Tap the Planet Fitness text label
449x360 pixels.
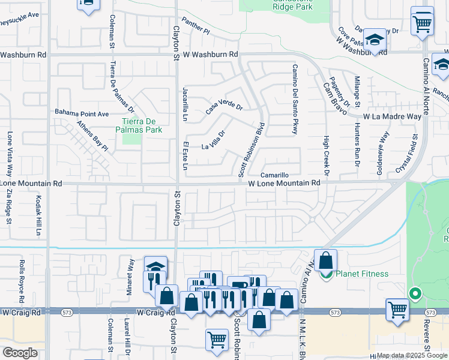(x=362, y=274)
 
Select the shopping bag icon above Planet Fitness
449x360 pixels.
(x=325, y=260)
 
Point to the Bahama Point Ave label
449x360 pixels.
(x=82, y=113)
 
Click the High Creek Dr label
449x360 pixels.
(x=327, y=155)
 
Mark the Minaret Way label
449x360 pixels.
(x=131, y=275)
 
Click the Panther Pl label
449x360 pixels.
(x=196, y=25)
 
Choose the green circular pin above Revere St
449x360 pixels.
(x=414, y=294)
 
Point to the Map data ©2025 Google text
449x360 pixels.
(x=411, y=355)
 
